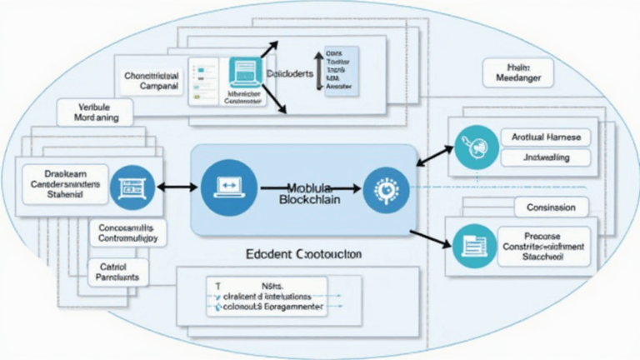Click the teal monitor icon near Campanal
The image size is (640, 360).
point(245,73)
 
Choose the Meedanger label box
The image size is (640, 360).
point(517,72)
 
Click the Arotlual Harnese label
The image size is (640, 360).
point(546,137)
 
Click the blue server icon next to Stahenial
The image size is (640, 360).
point(132,186)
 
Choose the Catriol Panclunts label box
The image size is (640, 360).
point(117,271)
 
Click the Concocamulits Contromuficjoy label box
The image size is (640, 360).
point(127,232)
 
